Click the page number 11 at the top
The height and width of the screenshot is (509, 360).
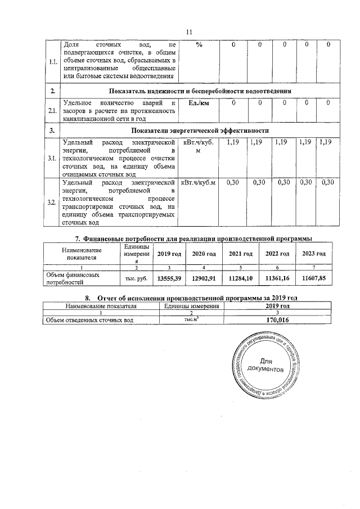pyautogui.click(x=189, y=32)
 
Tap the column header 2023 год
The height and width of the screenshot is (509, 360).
pyautogui.click(x=313, y=254)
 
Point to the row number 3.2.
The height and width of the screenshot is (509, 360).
pyautogui.click(x=52, y=202)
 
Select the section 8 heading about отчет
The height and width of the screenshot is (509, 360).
pyautogui.click(x=190, y=298)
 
